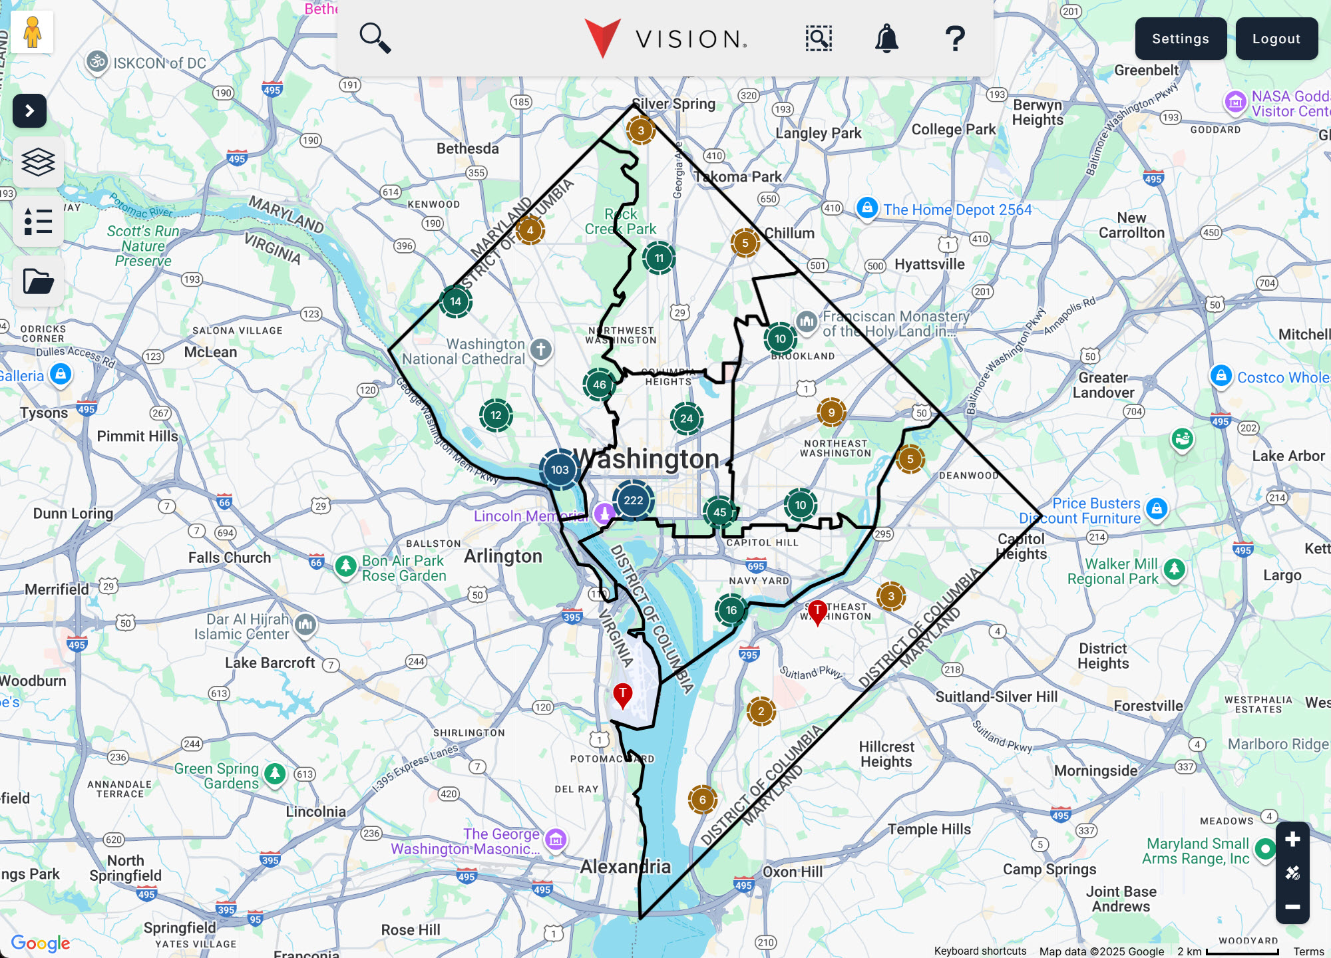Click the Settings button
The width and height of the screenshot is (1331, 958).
pos(1180,39)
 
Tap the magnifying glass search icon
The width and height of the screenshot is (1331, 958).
pos(375,38)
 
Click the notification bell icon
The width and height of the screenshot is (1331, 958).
pos(886,39)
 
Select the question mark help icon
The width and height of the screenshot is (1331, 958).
pos(955,39)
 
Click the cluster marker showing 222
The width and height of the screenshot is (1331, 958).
pos(633,500)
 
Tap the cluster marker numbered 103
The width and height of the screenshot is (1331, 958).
pos(559,470)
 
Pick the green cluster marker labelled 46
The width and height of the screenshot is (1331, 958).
pos(599,385)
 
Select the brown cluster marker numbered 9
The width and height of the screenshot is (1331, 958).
pos(831,412)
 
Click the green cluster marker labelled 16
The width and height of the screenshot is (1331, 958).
pos(731,610)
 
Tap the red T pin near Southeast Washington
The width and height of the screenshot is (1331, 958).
pos(817,611)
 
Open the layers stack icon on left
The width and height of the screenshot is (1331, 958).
pos(38,162)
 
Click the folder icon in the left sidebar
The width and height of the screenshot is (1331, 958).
pos(38,281)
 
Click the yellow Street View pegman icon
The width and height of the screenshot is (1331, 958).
pos(32,32)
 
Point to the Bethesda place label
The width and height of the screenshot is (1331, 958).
pos(467,148)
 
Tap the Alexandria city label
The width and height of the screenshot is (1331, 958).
pos(625,866)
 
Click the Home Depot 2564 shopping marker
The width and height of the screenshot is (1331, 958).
pos(866,208)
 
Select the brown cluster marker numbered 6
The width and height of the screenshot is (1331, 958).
pos(702,800)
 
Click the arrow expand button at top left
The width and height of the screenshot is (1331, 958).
pos(29,110)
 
